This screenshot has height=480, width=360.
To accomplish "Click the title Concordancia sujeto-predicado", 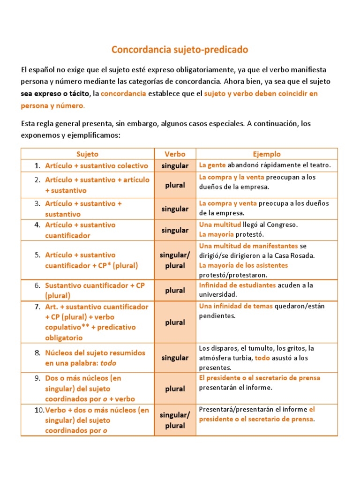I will [180, 49].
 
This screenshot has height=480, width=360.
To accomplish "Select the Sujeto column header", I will [87, 154].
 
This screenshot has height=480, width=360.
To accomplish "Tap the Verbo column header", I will [175, 154].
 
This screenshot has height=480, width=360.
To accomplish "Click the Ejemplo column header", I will [267, 154].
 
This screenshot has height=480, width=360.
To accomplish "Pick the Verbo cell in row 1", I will [175, 165].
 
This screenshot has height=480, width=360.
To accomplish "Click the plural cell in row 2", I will [175, 185].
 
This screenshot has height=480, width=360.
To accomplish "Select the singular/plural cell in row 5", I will [175, 260].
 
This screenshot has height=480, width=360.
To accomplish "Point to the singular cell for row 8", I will [175, 358].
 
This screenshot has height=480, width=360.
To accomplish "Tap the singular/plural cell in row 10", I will [175, 420].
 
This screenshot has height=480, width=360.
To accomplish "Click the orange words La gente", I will [212, 165].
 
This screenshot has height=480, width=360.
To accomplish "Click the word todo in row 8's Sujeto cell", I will [108, 363].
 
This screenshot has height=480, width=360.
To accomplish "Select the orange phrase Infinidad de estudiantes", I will [237, 285].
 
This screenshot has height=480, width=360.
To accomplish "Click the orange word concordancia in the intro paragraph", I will [123, 94].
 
